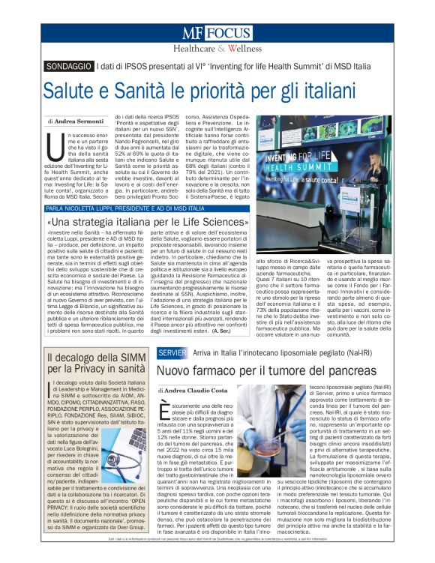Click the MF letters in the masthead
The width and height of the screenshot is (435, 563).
point(192,33)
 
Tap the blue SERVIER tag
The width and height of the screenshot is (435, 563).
point(172,352)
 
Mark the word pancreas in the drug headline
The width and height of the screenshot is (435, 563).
point(334,370)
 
